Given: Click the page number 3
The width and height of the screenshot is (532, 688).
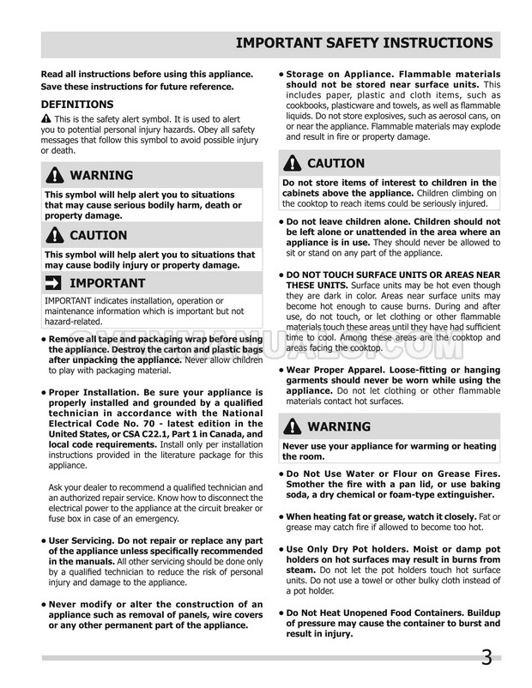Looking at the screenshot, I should coord(487,658).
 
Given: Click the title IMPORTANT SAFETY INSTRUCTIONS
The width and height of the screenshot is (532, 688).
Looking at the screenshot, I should coord(364,42).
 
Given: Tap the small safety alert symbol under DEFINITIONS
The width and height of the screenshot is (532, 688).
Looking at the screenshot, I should coord(45,118).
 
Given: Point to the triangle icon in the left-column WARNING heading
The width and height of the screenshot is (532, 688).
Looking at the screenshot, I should coord(52,177).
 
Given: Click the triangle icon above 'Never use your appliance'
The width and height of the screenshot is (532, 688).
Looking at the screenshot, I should coord(293,426).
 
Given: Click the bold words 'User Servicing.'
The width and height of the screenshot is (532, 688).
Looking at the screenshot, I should coord(83,540).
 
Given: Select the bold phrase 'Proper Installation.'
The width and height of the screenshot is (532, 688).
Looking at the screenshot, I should coord(96,390).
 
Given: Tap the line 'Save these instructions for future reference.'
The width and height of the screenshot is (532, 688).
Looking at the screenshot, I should coord(137,87).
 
